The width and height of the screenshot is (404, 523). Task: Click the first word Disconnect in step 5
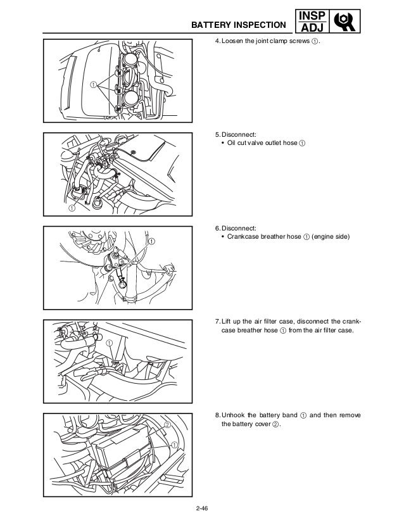click(239, 134)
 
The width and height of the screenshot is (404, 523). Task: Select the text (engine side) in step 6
click(324, 236)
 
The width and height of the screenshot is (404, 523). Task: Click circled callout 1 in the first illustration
click(93, 84)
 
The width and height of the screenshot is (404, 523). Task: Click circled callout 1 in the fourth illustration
click(110, 343)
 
